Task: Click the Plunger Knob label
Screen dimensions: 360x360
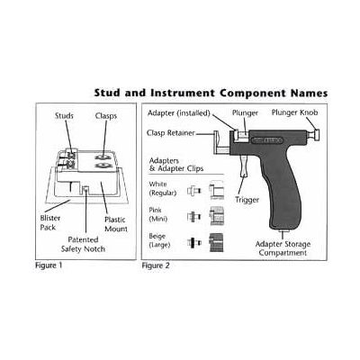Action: coord(294,112)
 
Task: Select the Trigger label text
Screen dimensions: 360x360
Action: coord(247,200)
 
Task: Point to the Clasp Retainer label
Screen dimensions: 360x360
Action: coord(171,133)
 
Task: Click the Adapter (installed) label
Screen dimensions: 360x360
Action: coord(179,113)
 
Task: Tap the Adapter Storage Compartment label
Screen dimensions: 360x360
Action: coord(283,248)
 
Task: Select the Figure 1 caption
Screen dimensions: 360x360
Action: coord(49,265)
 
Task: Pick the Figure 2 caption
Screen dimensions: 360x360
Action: coord(156,265)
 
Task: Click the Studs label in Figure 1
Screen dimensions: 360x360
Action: coord(64,116)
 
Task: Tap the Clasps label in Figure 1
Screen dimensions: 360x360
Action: coord(106,116)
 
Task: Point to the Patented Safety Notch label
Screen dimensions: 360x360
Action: coord(83,244)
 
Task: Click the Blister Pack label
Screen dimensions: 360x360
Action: coord(50,222)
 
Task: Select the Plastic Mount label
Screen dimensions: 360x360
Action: coord(116,224)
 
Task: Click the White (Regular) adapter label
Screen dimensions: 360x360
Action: coord(162,189)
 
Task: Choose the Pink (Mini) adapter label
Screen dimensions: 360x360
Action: coord(158,215)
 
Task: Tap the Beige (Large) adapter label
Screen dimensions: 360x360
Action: coord(159,240)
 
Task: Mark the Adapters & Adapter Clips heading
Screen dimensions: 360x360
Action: coord(176,165)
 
